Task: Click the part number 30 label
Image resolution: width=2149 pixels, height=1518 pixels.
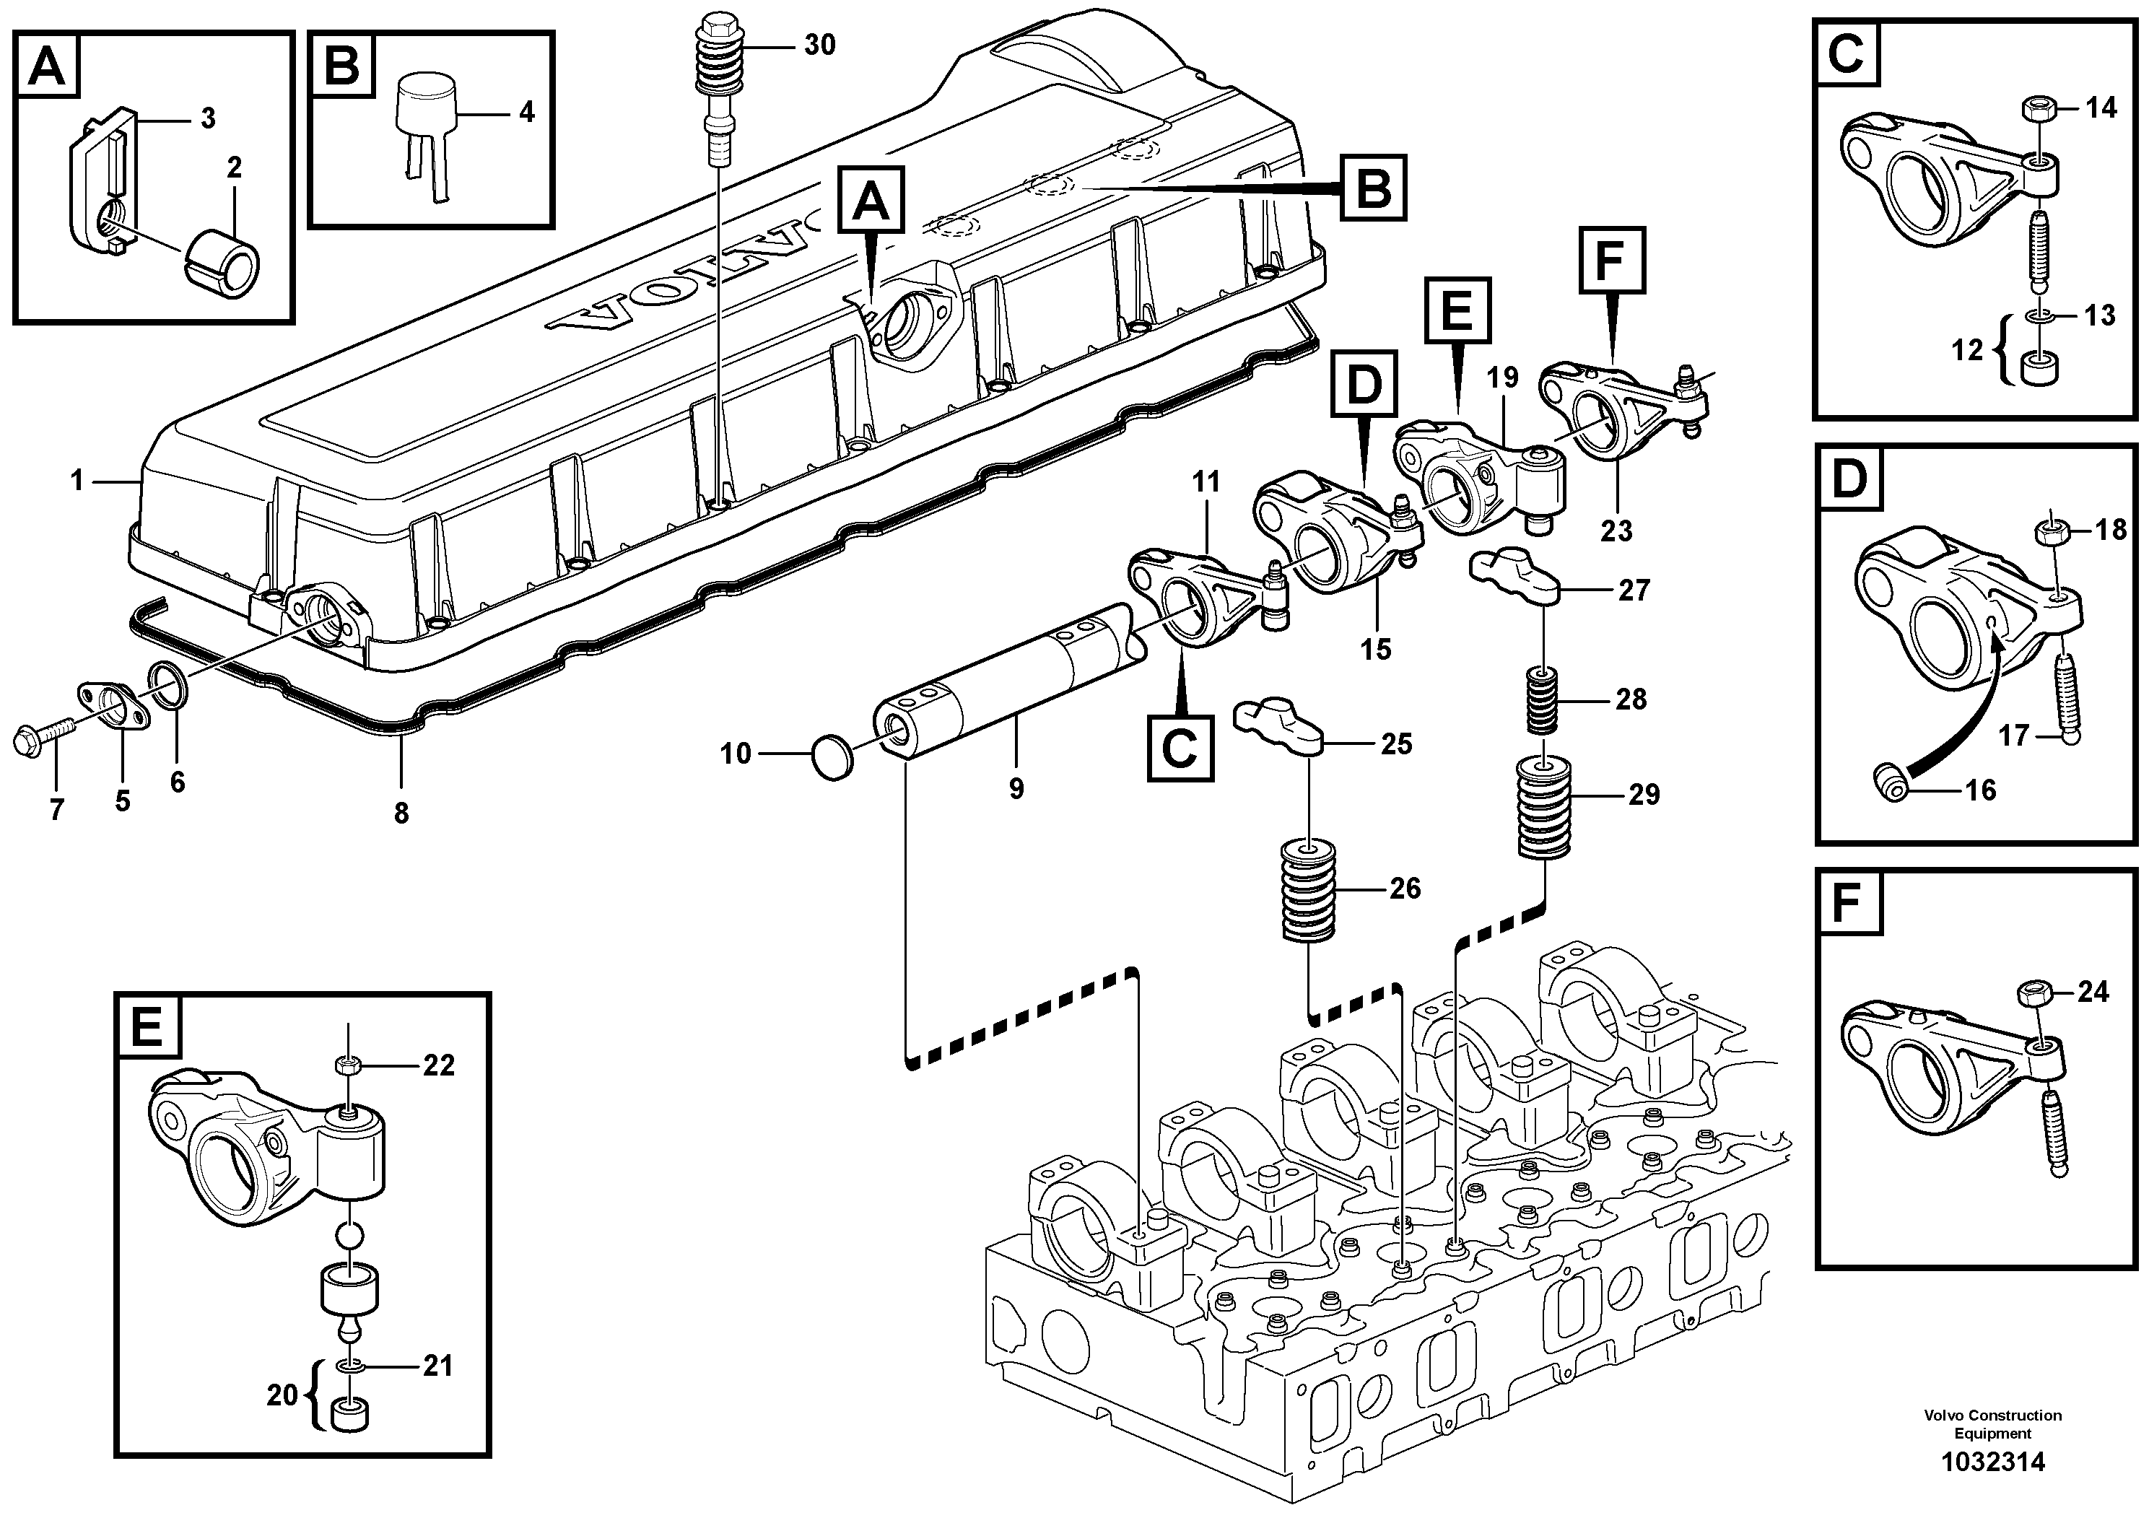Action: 819,45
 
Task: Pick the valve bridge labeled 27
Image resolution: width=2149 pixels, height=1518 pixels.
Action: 1514,580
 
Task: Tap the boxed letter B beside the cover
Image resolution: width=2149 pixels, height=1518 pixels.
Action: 1372,189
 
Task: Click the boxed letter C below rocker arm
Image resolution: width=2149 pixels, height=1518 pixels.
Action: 1180,749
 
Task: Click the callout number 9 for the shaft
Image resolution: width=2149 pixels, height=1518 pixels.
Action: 1016,789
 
